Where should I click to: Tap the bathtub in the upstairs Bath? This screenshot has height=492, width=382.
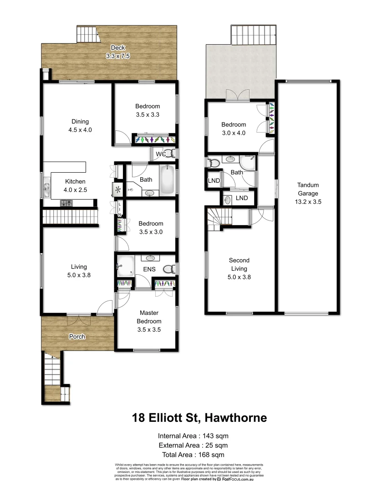pos(167,181)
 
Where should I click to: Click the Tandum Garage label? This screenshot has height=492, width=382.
pos(308,185)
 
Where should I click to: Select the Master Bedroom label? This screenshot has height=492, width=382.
pos(149,317)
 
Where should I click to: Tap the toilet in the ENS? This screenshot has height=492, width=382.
pos(169,270)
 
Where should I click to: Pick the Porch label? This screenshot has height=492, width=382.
pos(78,337)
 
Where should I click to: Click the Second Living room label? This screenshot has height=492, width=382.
pos(239,260)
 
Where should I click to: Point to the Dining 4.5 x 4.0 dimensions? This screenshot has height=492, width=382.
pos(80,129)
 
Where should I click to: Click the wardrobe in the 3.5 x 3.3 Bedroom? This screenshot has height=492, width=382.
pos(154,139)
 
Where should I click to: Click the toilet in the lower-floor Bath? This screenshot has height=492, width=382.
pos(213,163)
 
